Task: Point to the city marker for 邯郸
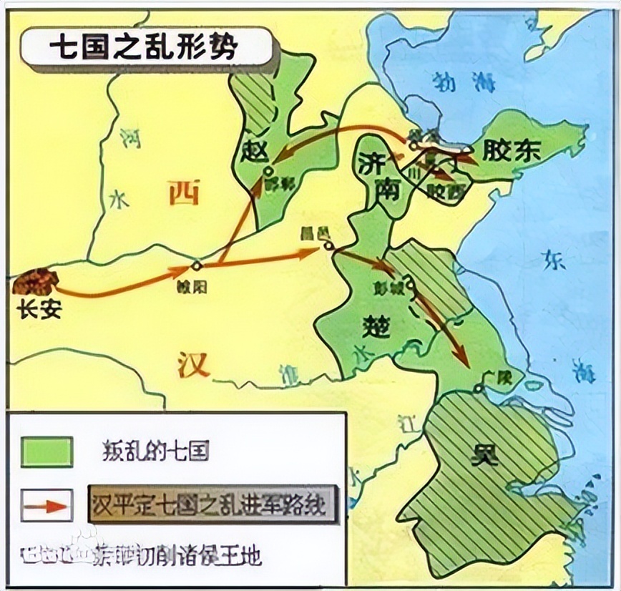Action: click(268, 171)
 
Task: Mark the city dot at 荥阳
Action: click(197, 265)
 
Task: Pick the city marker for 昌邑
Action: click(328, 245)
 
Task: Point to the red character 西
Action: click(185, 193)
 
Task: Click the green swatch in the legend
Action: click(47, 452)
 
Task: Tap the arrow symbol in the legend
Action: click(47, 504)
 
